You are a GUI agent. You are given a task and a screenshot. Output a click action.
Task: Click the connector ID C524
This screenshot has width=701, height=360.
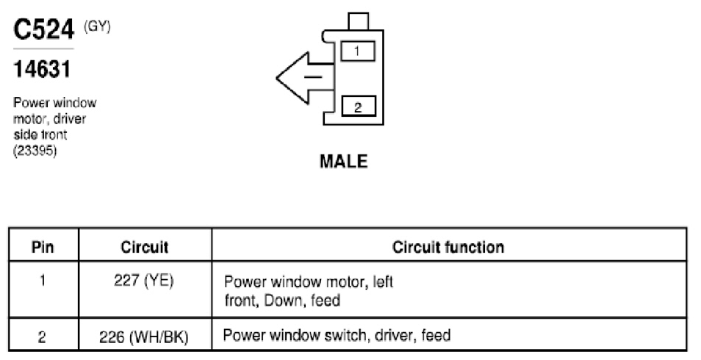click(x=43, y=29)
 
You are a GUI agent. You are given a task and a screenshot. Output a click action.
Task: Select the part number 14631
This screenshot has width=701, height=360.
click(x=42, y=69)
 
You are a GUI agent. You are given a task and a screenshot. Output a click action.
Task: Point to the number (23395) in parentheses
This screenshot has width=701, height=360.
click(x=35, y=151)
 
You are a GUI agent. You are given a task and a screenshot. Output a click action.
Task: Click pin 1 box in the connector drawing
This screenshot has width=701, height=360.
click(x=358, y=51)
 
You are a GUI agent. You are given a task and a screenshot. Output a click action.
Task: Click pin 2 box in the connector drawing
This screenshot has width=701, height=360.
click(x=358, y=107)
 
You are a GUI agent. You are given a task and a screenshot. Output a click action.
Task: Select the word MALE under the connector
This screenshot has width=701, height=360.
click(x=344, y=161)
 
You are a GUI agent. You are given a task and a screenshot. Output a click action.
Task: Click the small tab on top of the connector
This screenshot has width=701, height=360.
click(x=358, y=21)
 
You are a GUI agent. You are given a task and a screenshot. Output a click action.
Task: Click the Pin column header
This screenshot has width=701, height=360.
click(x=43, y=247)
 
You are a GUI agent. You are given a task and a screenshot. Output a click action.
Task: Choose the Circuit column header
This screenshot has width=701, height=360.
click(x=145, y=247)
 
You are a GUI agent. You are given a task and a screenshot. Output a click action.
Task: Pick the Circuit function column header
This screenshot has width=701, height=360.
click(x=448, y=247)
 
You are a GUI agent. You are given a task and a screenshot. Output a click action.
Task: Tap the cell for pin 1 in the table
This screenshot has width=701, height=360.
click(x=43, y=281)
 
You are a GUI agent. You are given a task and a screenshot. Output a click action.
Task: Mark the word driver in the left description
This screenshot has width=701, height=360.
click(x=69, y=119)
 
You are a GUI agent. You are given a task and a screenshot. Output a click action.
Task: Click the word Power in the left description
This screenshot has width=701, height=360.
click(x=30, y=103)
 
